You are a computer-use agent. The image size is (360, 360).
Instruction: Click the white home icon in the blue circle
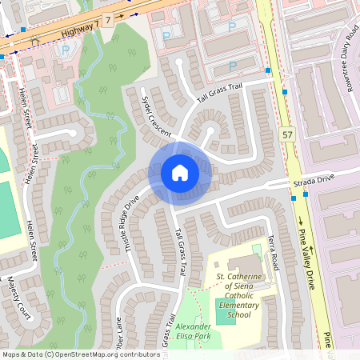coord(180,173)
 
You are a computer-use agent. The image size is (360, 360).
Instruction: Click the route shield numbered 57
coord(287,135)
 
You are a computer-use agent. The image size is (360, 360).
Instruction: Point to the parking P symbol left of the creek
coord(65,51)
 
